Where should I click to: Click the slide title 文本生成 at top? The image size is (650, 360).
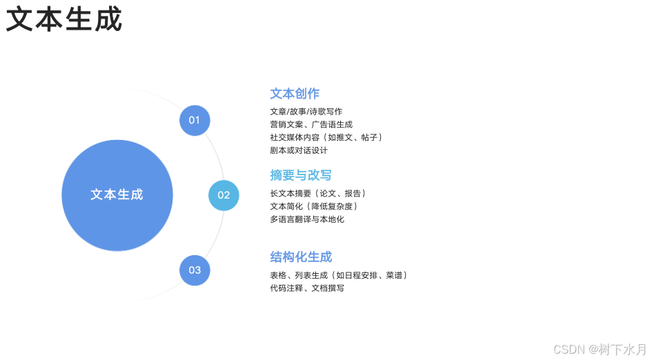coord(64,20)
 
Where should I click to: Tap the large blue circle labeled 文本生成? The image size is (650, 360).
coord(117,195)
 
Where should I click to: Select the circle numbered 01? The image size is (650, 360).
coord(195,120)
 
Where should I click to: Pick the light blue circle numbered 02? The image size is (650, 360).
coord(224,195)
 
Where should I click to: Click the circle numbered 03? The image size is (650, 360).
coord(195,270)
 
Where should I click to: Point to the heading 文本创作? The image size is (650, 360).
coord(295,94)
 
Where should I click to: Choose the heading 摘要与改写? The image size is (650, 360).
coord(301,175)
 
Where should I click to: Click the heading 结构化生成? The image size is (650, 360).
coord(301,257)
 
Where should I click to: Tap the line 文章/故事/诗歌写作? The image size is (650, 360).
coord(306,112)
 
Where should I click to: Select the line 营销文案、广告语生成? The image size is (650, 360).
coord(311,125)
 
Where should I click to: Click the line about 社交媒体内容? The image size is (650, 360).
coord(326,137)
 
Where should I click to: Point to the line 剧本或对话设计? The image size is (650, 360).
coord(299,150)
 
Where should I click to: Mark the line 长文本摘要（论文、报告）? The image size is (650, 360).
coord(317,194)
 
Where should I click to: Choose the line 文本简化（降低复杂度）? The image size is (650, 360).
coord(314,206)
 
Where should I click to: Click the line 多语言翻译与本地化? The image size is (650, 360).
coord(307,219)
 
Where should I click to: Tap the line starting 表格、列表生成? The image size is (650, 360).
coord(339,275)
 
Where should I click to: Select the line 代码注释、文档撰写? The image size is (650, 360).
coord(307,288)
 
